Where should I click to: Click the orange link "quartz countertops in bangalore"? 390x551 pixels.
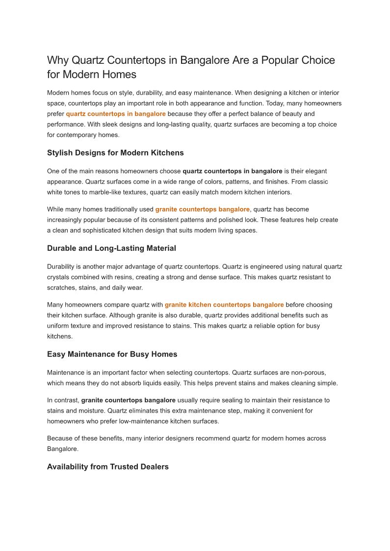[x=116, y=114]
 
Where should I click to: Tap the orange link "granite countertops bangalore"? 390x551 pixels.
[x=203, y=209]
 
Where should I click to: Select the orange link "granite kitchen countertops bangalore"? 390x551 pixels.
[x=224, y=305]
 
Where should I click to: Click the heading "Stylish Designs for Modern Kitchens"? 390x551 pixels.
[x=115, y=153]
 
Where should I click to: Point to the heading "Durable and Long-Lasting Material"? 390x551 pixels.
[x=111, y=248]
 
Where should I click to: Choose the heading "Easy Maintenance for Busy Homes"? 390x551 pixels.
[x=112, y=354]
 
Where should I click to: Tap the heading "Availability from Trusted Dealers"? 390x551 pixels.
[x=108, y=467]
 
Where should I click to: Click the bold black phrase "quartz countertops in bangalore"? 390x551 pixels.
[x=233, y=171]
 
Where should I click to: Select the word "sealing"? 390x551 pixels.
[x=233, y=400]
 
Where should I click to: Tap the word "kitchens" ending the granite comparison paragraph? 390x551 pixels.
[x=59, y=336]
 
